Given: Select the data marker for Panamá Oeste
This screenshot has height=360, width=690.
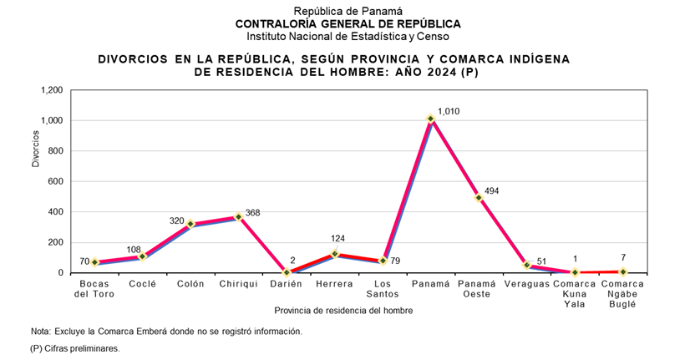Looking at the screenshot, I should click(479, 198).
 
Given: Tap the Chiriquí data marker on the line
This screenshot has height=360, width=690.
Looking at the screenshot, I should click(239, 217).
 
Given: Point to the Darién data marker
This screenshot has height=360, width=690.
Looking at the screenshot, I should click(287, 272).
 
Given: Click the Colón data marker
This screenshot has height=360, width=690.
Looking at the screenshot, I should click(190, 224).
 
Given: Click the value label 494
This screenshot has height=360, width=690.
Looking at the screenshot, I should click(491, 191).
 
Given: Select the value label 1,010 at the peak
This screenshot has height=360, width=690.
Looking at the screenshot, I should click(449, 111).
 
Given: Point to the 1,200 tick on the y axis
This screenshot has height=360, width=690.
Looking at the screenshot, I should click(51, 90).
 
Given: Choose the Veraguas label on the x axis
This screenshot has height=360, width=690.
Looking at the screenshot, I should click(527, 285).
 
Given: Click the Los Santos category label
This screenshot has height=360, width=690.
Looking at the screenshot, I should click(383, 289).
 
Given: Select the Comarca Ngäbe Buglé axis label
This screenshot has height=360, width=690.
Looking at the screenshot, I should click(622, 294).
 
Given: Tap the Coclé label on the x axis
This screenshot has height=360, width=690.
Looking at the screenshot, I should click(143, 285).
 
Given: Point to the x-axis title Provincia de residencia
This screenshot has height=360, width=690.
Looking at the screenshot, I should click(343, 311).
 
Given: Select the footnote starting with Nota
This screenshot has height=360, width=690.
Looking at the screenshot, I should click(166, 332).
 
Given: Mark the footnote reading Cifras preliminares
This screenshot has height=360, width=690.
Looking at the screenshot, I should click(74, 348).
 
